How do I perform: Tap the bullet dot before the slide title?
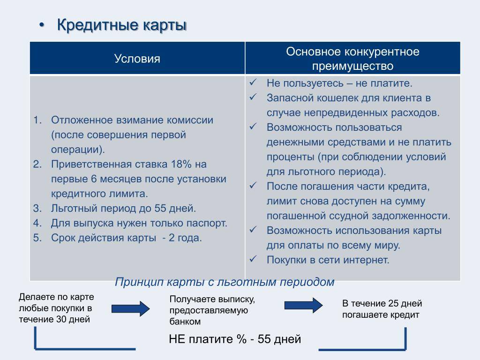[x=42, y=25]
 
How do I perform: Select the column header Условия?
[x=137, y=59]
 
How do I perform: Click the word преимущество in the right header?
[x=352, y=66]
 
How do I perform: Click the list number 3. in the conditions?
[x=37, y=208]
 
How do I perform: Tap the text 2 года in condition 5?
[x=185, y=238]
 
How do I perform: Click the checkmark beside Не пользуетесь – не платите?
[x=253, y=82]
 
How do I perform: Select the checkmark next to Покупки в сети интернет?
[x=253, y=259]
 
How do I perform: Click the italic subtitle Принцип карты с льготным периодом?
[x=225, y=282]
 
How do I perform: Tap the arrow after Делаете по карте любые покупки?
[x=130, y=308]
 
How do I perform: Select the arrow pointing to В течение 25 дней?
[x=303, y=305]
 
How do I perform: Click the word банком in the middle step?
[x=185, y=322]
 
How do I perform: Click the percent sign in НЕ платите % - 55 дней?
[x=241, y=339]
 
